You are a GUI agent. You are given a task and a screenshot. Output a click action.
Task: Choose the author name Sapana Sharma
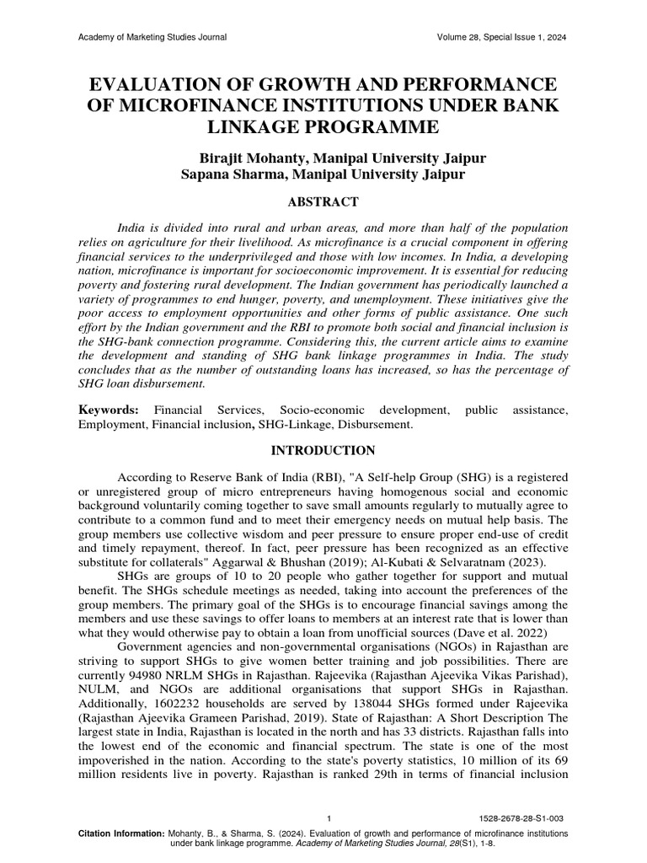233,174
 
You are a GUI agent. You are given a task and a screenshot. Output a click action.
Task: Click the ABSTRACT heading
323,201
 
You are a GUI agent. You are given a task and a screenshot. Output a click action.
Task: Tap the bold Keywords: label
109,410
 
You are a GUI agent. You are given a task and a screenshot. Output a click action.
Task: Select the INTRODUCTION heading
323,451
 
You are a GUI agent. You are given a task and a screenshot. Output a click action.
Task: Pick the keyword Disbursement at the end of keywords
377,426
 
